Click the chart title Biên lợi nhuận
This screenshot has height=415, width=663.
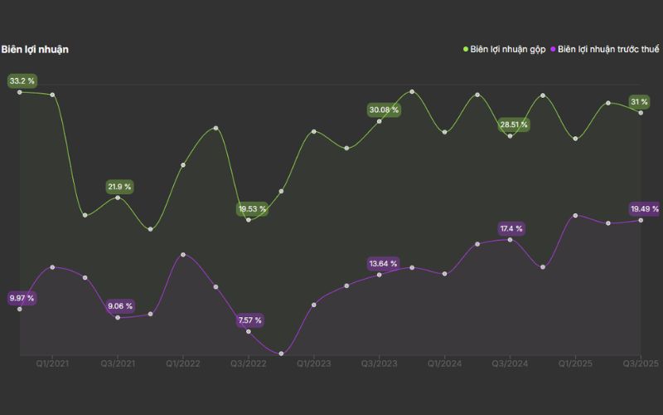pos(35,50)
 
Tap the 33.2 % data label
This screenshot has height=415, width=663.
pos(22,81)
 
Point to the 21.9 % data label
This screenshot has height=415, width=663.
pos(119,187)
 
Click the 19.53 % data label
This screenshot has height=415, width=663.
pos(252,209)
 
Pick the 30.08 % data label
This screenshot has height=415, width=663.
pos(384,110)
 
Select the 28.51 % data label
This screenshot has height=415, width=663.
pos(513,124)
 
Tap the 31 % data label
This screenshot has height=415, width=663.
pos(639,101)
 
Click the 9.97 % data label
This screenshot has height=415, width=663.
pos(22,298)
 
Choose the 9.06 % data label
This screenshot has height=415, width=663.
pos(119,306)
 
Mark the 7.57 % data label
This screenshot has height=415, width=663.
pos(249,320)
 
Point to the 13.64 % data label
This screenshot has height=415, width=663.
pos(384,264)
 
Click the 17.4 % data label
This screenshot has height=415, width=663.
pos(511,228)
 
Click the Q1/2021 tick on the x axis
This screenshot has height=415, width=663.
pos(52,364)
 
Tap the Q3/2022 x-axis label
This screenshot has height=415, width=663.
pos(248,364)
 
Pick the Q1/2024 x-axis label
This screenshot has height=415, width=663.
pos(445,364)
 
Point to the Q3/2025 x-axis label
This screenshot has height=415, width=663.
pos(641,364)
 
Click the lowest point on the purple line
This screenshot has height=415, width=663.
pos(282,354)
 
